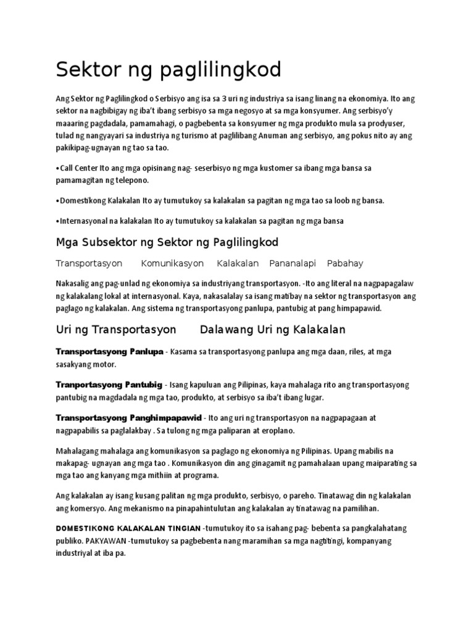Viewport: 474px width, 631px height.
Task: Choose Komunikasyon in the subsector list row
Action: (172, 264)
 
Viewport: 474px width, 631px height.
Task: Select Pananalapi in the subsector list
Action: (293, 264)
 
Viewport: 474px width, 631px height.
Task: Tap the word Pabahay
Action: (345, 264)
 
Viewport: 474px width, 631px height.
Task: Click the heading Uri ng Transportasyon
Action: (116, 330)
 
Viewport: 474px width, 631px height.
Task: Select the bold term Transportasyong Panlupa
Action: (109, 351)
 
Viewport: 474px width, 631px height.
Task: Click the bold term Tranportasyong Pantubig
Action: (109, 385)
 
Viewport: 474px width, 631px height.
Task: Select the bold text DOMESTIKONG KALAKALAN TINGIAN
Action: (128, 529)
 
